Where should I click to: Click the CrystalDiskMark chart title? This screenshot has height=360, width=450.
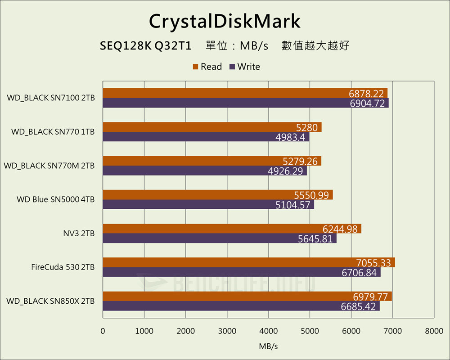tap(224, 21)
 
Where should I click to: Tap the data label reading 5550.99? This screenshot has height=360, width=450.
tap(313, 195)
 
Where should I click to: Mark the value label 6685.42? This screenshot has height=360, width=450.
tap(359, 306)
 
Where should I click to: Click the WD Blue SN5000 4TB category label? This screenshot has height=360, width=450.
tap(56, 199)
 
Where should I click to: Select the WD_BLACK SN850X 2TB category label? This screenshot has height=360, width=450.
tap(50, 301)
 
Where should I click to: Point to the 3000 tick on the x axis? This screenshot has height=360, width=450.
tap(227, 331)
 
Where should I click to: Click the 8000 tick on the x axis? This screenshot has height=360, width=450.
tap(434, 331)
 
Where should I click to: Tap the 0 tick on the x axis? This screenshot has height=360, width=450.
tap(103, 331)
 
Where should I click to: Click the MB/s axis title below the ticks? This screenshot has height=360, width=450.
tap(268, 346)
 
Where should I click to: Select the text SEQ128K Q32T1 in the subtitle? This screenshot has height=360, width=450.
tap(146, 46)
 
